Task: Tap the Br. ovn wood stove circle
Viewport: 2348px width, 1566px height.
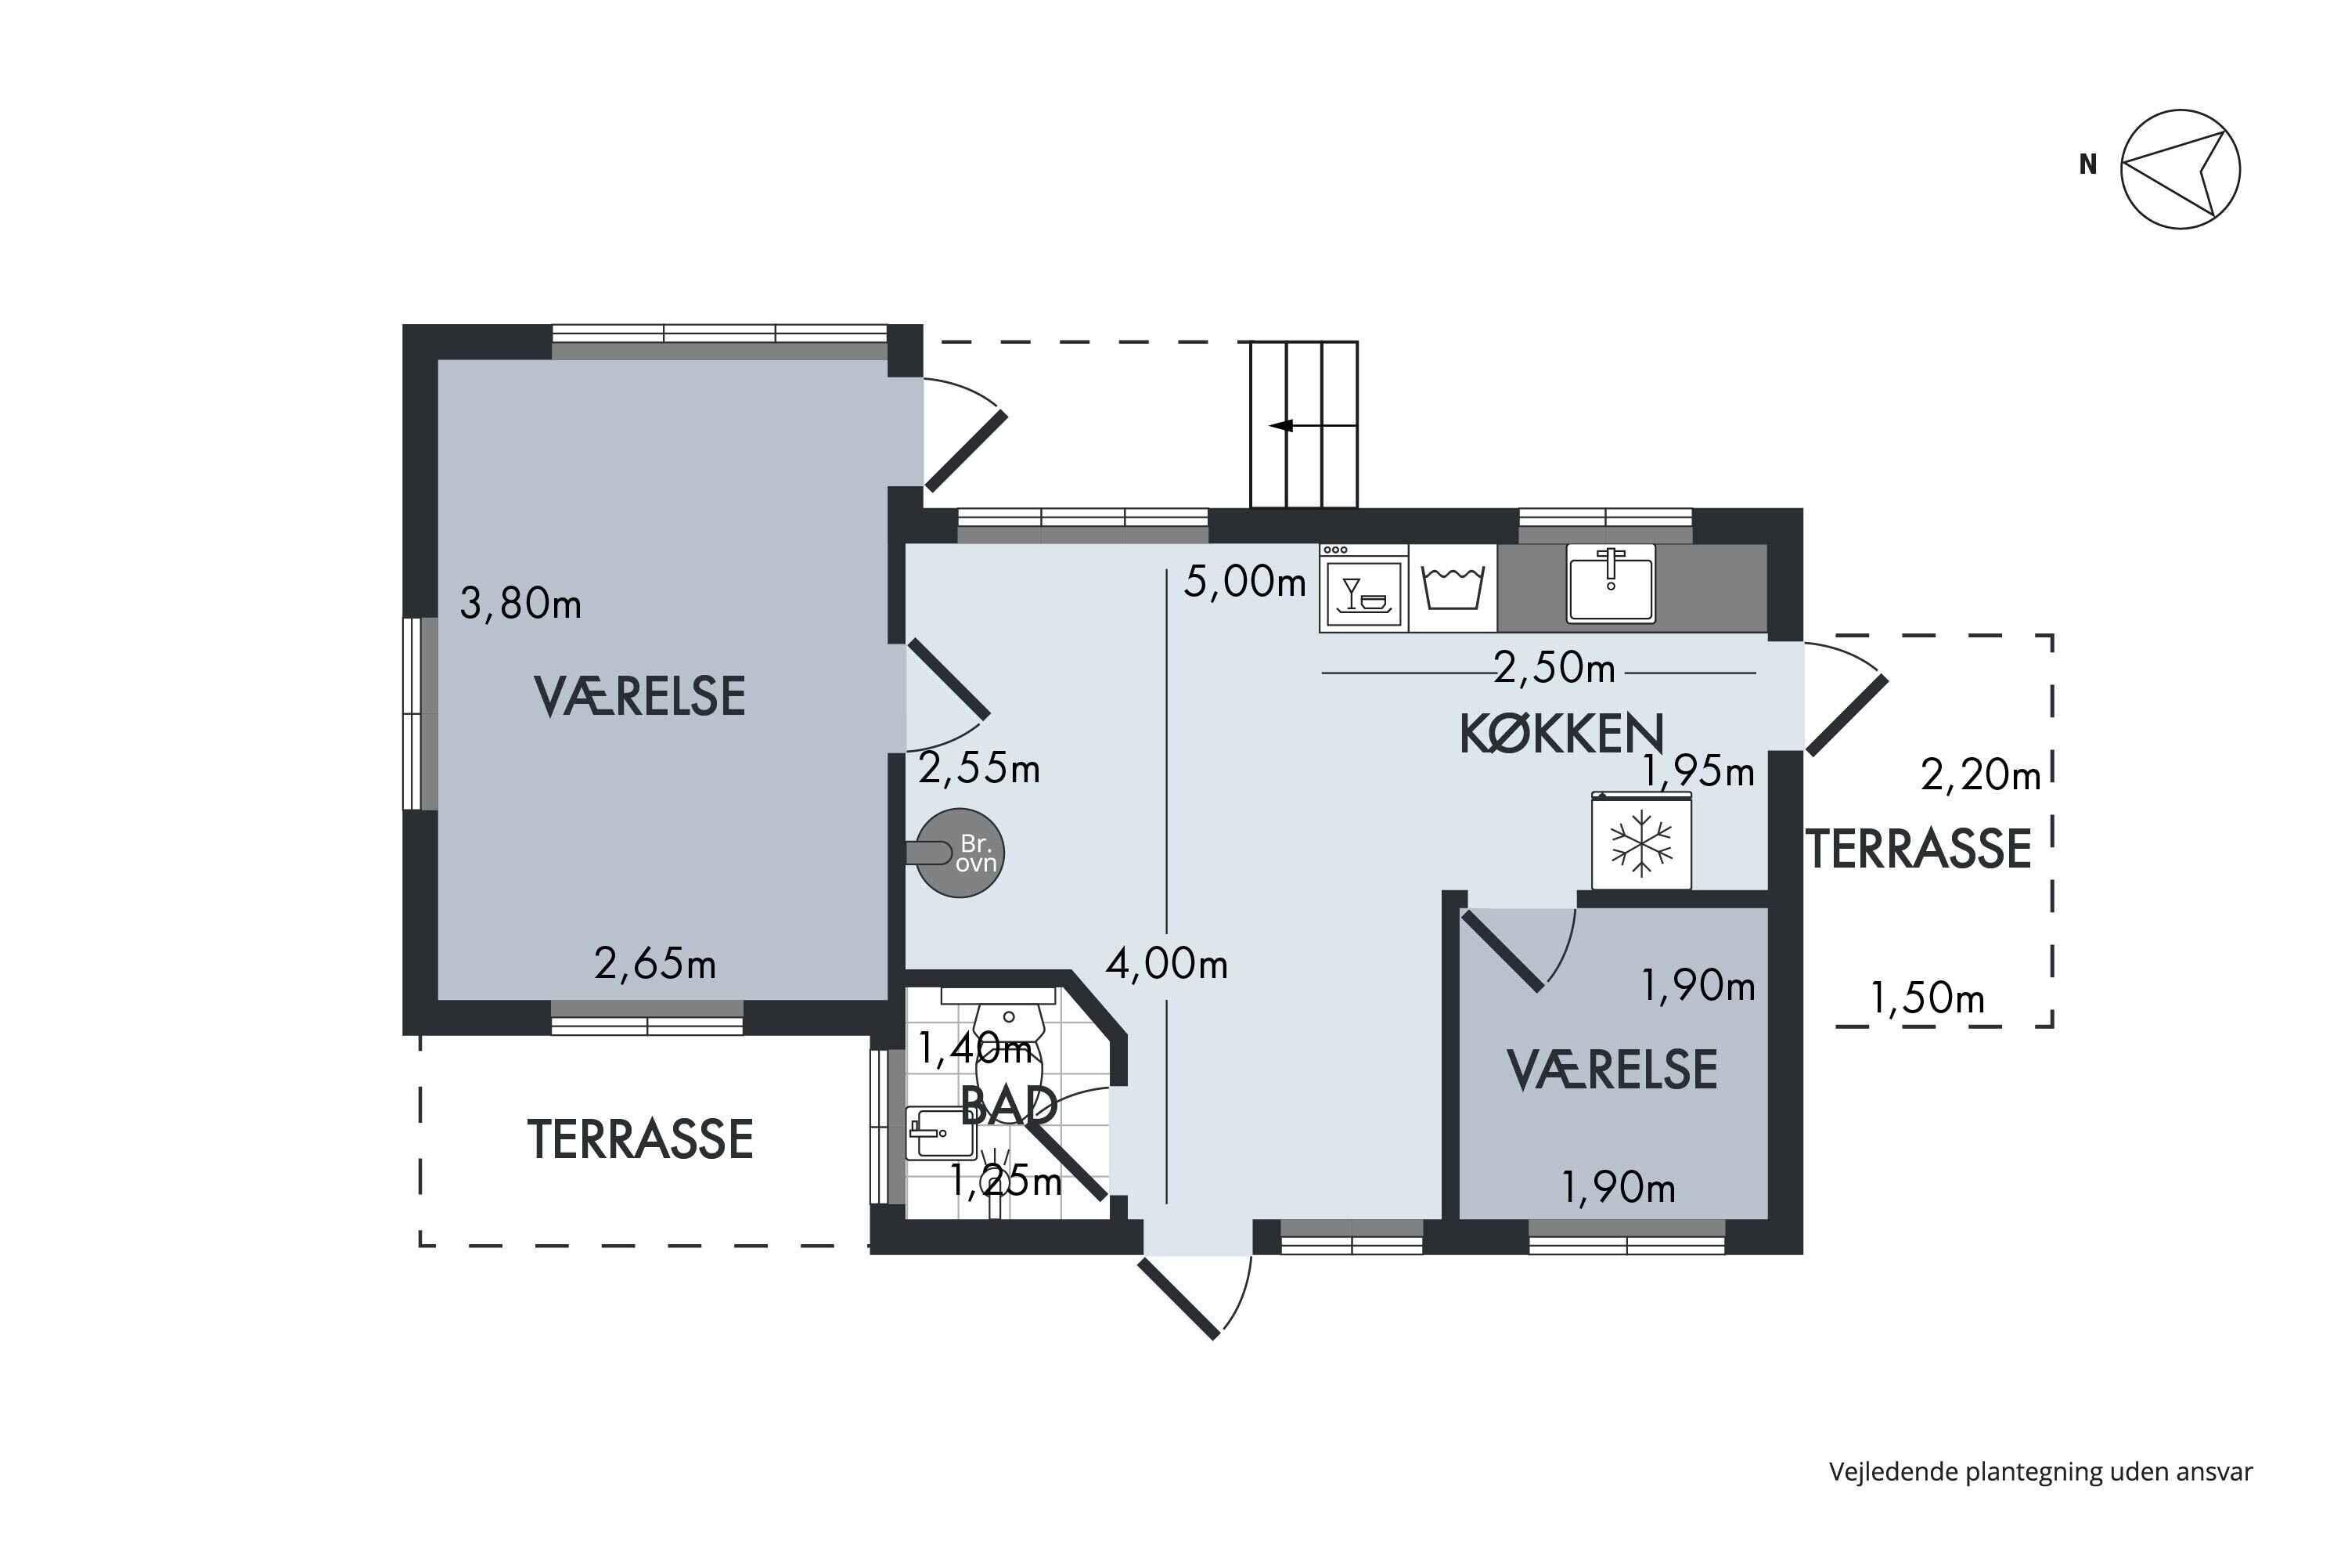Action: click(960, 853)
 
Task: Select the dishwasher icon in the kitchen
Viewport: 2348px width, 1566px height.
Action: click(1363, 588)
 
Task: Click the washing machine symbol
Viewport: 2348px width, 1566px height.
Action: click(1453, 588)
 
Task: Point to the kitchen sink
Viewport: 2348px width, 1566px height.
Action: click(1610, 583)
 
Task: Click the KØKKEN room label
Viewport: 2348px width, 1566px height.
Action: click(1561, 734)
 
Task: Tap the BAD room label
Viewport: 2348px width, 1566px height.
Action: click(1008, 1106)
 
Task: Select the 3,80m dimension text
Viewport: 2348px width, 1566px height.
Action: click(520, 603)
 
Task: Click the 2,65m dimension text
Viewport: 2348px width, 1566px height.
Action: click(655, 964)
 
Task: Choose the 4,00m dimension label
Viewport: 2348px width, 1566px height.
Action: click(1166, 964)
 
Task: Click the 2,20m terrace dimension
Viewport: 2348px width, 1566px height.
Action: click(1981, 775)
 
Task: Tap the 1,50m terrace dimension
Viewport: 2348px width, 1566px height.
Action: click(1927, 998)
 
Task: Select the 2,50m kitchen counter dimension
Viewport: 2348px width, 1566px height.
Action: click(1554, 668)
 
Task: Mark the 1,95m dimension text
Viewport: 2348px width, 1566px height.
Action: click(1698, 771)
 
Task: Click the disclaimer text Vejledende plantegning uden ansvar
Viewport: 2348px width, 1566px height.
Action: click(2040, 1471)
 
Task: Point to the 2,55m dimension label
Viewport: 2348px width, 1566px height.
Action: click(979, 768)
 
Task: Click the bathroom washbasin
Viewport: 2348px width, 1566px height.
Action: click(927, 1132)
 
